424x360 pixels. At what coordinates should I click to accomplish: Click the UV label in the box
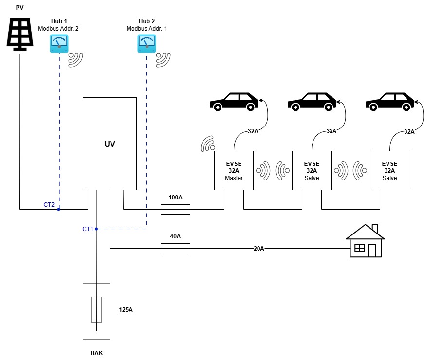tap(110, 144)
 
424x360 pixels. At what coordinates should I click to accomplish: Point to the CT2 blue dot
tap(59, 209)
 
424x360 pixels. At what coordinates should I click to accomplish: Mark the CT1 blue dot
tap(97, 229)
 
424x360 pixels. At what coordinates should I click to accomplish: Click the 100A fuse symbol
tap(175, 209)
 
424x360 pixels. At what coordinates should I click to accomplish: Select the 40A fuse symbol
tap(175, 248)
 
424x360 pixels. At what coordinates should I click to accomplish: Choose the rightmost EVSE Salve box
tap(389, 170)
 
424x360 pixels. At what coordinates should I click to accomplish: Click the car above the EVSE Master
tap(234, 101)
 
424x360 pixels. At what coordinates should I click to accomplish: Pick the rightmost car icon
tap(389, 101)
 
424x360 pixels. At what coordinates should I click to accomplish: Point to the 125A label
tap(126, 309)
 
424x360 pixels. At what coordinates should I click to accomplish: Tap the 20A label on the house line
tap(258, 248)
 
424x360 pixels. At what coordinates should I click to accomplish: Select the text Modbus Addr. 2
tap(58, 29)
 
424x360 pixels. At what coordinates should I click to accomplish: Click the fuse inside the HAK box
tap(96, 309)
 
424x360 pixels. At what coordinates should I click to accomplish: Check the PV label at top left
tap(20, 8)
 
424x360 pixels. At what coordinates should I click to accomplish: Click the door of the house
tap(372, 250)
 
